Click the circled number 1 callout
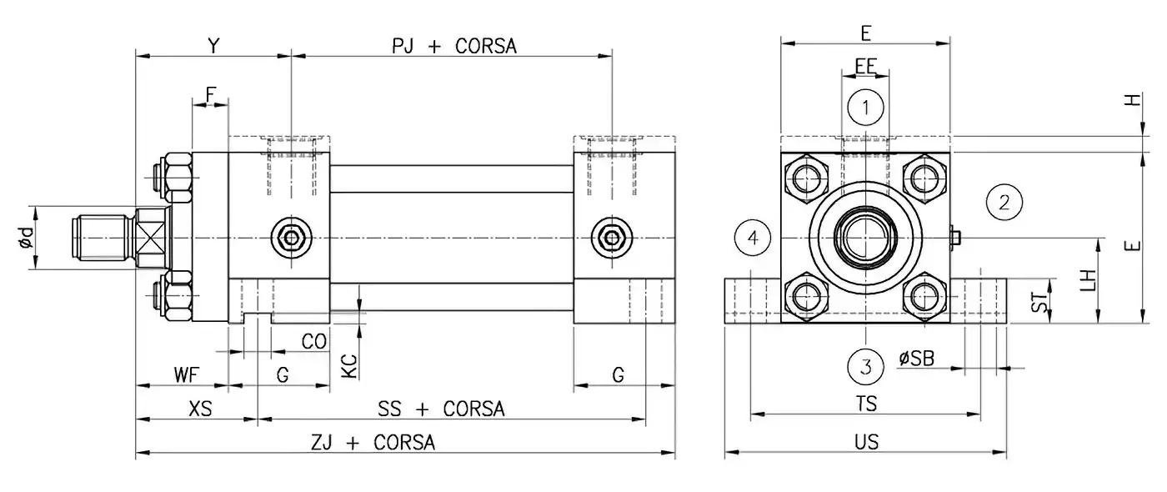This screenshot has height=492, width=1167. [866, 107]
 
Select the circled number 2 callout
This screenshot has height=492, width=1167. [1004, 201]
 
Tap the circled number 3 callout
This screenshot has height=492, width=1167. [866, 366]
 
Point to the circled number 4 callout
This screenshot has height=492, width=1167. [753, 238]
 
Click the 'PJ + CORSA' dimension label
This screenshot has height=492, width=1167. [454, 47]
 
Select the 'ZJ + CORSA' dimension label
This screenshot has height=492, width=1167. [373, 442]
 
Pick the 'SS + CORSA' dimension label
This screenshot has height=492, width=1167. [441, 409]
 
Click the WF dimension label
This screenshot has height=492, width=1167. [186, 375]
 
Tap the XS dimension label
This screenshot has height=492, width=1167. [201, 409]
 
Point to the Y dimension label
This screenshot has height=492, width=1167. [213, 47]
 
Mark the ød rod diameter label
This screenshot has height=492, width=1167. [26, 238]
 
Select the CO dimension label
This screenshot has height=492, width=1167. [313, 343]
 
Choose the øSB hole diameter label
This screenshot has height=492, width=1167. [916, 359]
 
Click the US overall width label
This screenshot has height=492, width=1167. [866, 442]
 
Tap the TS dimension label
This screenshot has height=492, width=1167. [866, 404]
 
